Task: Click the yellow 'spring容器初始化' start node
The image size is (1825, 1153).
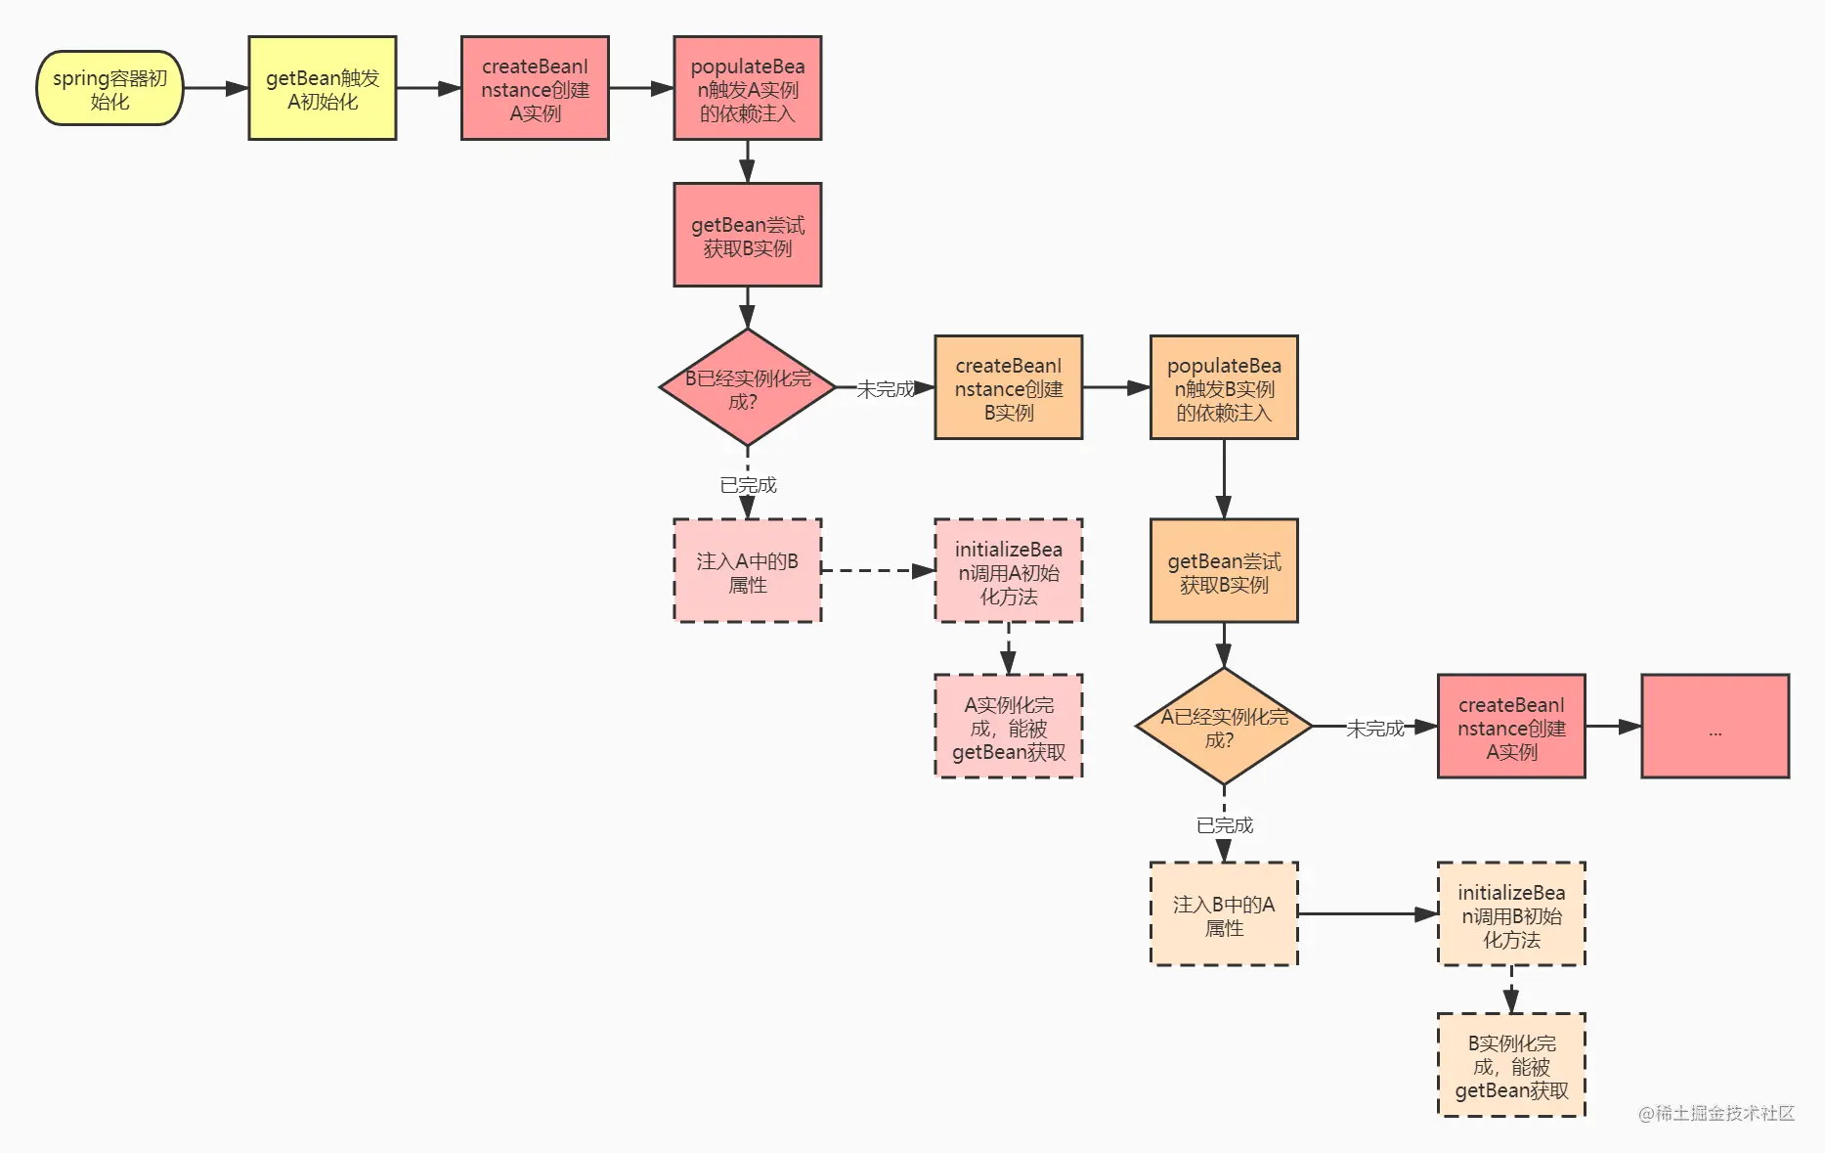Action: click(109, 88)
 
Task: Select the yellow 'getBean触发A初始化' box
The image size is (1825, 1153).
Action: click(323, 88)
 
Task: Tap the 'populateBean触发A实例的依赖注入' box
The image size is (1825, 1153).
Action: click(748, 88)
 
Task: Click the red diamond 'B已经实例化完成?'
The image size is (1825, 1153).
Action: click(748, 387)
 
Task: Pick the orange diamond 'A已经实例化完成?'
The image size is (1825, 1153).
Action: click(1224, 727)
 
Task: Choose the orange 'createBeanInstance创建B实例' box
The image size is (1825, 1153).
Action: click(1009, 387)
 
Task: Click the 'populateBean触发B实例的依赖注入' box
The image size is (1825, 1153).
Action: click(1224, 387)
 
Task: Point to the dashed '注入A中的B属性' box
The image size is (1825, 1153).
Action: click(748, 571)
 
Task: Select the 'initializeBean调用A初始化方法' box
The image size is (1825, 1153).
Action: click(1009, 571)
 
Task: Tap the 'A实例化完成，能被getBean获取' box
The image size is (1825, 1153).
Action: click(1009, 727)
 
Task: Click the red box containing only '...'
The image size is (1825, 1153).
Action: click(1716, 727)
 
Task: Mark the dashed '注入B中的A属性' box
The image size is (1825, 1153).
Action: click(1224, 914)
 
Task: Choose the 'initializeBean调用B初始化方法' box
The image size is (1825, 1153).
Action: click(1511, 914)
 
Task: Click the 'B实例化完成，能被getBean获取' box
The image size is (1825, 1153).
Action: click(1511, 1065)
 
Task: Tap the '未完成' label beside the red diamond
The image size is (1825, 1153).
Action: click(886, 389)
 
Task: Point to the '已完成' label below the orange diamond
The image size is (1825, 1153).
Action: click(1225, 825)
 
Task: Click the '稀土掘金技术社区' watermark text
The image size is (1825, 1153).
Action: click(1724, 1113)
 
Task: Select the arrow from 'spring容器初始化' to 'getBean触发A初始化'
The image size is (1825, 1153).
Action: click(216, 88)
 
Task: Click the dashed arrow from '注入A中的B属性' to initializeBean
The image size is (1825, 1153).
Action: click(878, 571)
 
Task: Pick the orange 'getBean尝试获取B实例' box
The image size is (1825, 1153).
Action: click(1224, 571)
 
